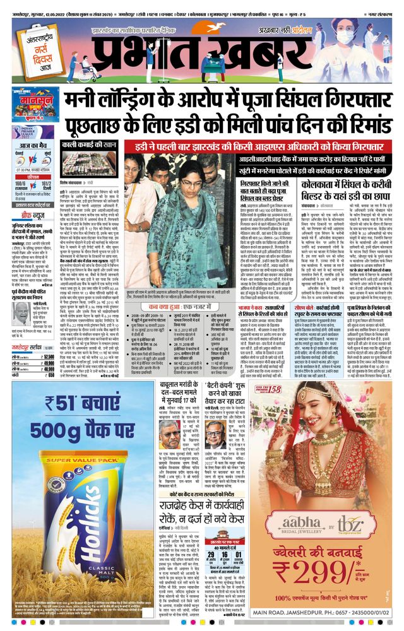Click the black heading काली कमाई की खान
(85, 145)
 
